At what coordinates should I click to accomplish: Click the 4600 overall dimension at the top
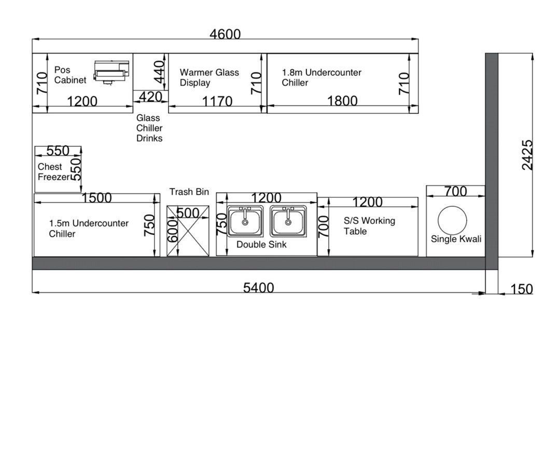point(225,34)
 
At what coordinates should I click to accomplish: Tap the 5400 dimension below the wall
point(259,288)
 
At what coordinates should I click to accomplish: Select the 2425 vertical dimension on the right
point(527,155)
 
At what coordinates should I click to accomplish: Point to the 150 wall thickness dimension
point(522,289)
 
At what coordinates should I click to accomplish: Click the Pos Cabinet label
point(70,75)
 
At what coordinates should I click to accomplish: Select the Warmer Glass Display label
point(209,77)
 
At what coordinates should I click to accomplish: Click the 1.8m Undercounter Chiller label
point(321,77)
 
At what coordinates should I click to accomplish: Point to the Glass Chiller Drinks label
point(149,128)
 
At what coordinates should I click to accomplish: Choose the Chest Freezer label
point(53,172)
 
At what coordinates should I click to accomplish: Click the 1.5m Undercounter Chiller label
point(89,228)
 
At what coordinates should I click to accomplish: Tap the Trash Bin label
point(189,192)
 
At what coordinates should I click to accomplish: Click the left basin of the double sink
point(245,221)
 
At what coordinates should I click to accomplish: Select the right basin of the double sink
point(288,221)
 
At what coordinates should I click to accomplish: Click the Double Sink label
point(261,245)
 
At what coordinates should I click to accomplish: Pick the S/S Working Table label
point(369,226)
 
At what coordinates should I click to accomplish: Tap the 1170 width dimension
point(217,101)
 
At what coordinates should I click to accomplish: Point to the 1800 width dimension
point(342,101)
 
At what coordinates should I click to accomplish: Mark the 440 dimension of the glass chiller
point(159,72)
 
